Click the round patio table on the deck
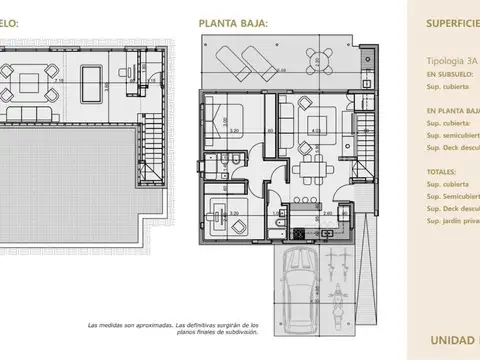(319, 57)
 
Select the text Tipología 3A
(450, 59)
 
